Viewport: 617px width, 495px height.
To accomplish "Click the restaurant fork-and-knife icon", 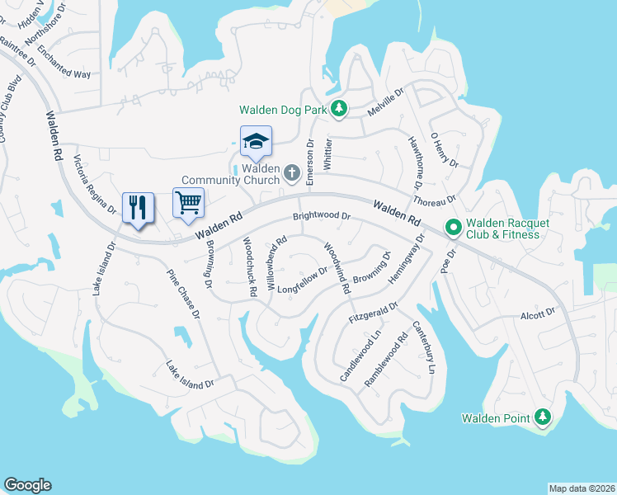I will coord(138,206).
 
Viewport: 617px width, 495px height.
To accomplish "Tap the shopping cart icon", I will coord(189,201).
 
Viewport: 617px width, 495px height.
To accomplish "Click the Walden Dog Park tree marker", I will coord(338,109).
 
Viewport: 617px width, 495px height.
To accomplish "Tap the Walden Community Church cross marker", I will coord(291,172).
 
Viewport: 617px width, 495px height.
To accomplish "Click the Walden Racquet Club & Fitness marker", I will coord(453,226).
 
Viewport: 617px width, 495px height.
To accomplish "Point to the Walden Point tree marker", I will coord(542,417).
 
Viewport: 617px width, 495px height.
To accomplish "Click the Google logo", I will coord(28,485).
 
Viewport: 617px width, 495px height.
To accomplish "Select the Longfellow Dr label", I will coord(303,280).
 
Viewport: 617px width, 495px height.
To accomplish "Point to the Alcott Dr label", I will coord(537,313).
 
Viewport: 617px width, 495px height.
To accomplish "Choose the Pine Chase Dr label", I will coord(184,294).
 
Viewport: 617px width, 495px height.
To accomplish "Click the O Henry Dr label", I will coord(443,149).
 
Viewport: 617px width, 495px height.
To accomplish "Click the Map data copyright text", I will coord(582,488).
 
